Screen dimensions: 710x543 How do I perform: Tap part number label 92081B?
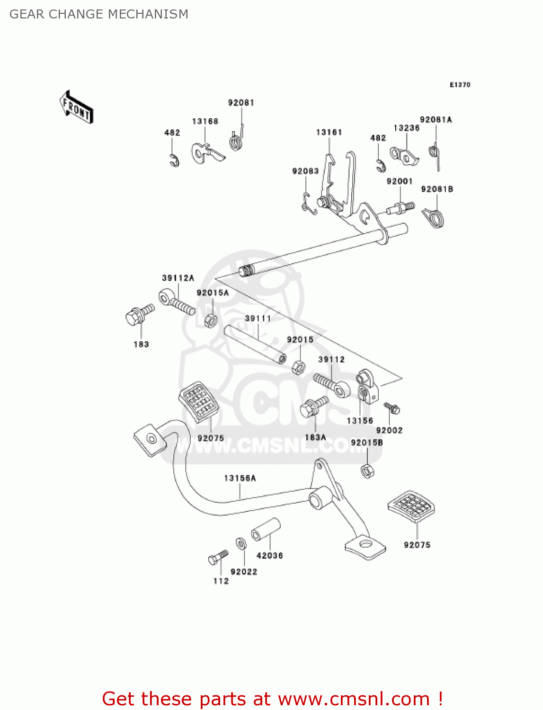tap(436, 189)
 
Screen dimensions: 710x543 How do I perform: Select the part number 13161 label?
tap(329, 133)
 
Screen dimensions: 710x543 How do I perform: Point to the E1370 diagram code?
tap(460, 85)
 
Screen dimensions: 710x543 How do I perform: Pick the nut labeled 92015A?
tap(210, 320)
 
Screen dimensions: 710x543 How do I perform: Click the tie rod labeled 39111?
tap(255, 344)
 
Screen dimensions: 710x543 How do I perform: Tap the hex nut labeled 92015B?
tap(367, 470)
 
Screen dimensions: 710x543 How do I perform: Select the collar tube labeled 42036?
tap(266, 530)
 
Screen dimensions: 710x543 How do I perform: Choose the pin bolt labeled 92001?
tap(401, 208)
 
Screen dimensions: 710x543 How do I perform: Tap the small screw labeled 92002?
tap(392, 408)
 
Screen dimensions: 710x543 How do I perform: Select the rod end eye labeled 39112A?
tap(176, 301)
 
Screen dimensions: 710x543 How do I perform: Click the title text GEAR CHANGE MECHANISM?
tap(98, 14)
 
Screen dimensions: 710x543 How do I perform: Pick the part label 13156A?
tap(240, 478)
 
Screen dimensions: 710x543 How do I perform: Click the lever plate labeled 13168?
tap(206, 153)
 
